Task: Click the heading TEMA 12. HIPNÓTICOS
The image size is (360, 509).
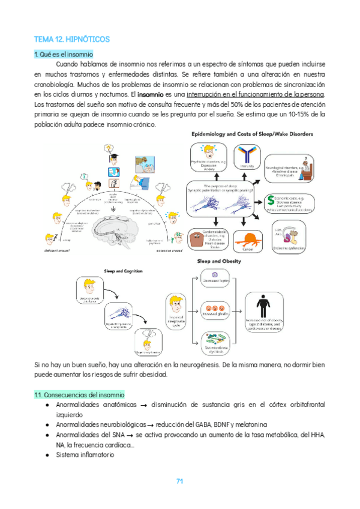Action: coord(72,39)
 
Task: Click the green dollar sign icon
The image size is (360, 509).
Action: coord(271,199)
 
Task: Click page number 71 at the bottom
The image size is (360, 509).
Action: coord(179,481)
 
